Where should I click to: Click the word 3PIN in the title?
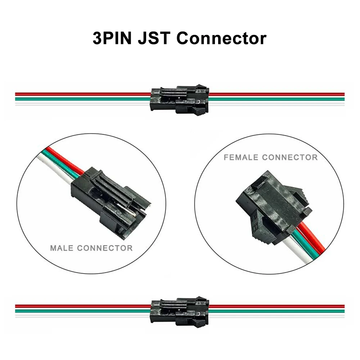pyautogui.click(x=112, y=38)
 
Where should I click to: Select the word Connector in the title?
pyautogui.click(x=221, y=38)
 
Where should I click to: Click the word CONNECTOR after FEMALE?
pyautogui.click(x=290, y=157)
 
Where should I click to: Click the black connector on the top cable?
pyautogui.click(x=179, y=100)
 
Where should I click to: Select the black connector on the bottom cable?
pyautogui.click(x=179, y=312)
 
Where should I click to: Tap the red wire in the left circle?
pyautogui.click(x=63, y=158)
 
